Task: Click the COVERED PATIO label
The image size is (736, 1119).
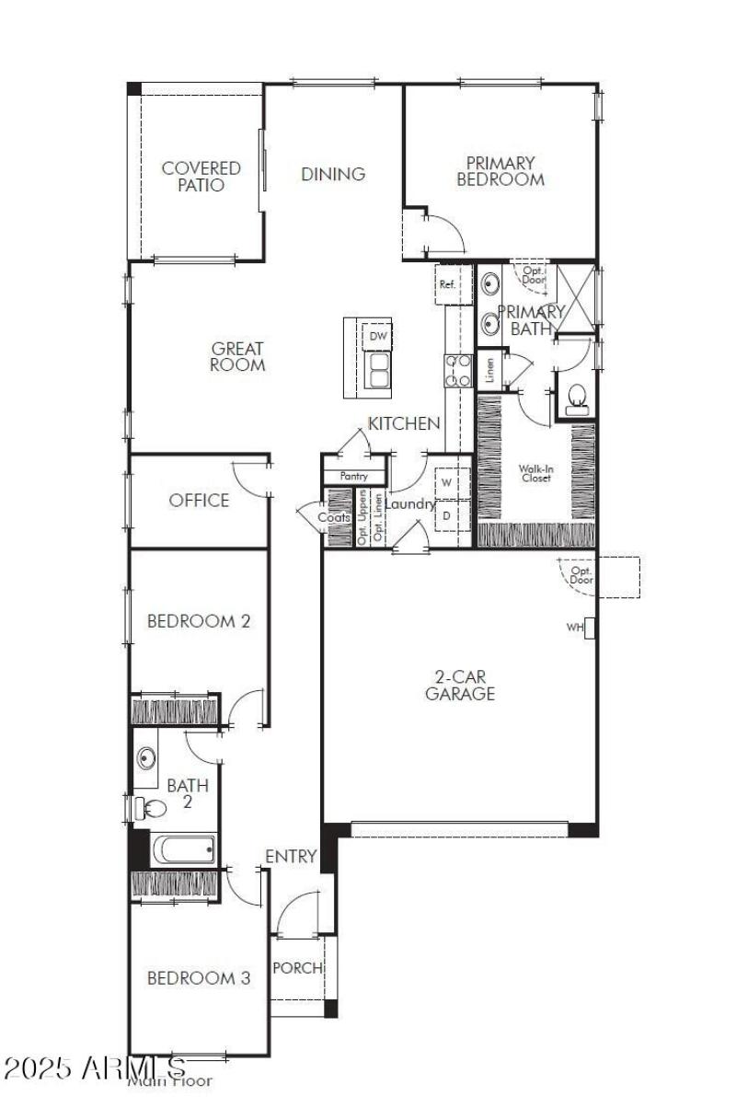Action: pos(201,176)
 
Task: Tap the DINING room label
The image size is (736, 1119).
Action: pos(333,174)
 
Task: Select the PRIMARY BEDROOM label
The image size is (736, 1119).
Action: pos(500,171)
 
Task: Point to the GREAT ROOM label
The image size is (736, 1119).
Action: pos(237,356)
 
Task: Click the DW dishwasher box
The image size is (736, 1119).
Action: pos(377,337)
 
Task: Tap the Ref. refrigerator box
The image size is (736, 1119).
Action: pos(448,284)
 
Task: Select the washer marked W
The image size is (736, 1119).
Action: pos(446,482)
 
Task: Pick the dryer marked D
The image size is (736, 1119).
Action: pos(446,515)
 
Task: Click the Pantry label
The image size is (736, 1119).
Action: pos(353,477)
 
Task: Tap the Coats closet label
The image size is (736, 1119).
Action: pos(335,517)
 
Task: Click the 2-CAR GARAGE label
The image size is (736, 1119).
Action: pos(460,686)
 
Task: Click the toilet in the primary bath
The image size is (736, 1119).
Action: pos(578,399)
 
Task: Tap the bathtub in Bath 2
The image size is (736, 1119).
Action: pos(184,848)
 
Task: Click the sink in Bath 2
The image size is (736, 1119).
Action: pos(147,759)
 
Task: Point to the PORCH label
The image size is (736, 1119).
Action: pos(298,968)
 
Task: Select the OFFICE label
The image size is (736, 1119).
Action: pos(199,501)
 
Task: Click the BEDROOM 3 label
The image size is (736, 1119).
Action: pos(199,977)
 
